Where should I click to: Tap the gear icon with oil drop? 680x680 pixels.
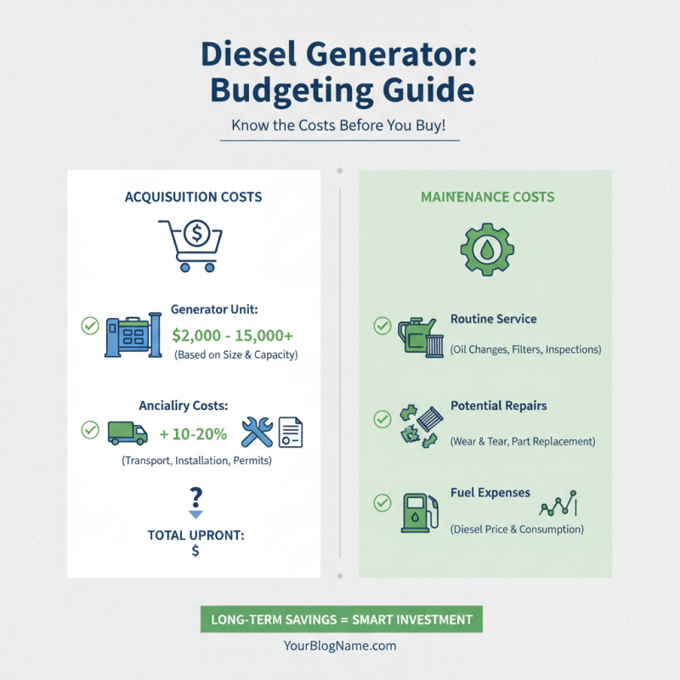click(x=487, y=247)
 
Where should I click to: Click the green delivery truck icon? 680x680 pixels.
click(x=127, y=432)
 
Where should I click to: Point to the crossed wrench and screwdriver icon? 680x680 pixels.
click(x=256, y=433)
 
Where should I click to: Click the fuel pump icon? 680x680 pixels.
click(x=418, y=513)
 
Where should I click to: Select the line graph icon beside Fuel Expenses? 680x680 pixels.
click(x=558, y=505)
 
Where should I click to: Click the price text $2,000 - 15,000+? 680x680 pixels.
click(x=232, y=335)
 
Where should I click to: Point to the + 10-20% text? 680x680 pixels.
click(x=193, y=434)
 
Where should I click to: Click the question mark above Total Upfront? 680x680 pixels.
click(x=196, y=496)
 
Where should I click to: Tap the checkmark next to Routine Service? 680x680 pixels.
click(x=382, y=326)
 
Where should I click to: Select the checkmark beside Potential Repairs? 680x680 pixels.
click(x=382, y=418)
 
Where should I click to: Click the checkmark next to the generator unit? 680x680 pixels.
click(x=89, y=326)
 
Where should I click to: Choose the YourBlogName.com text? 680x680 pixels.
click(x=340, y=646)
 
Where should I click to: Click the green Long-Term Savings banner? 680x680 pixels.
click(x=341, y=620)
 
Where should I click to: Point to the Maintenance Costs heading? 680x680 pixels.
click(x=487, y=197)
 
